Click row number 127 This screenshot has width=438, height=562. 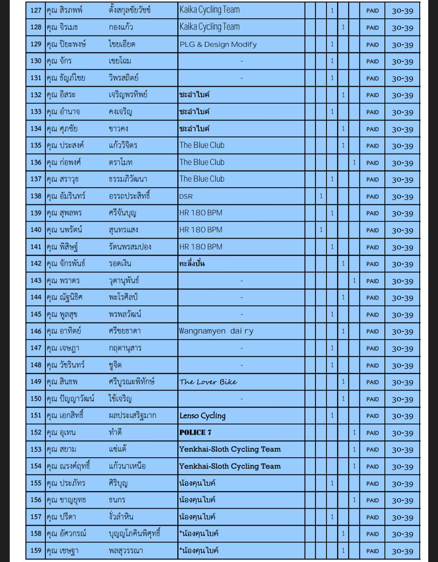pyautogui.click(x=36, y=10)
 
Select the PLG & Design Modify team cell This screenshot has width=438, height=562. pyautogui.click(x=218, y=44)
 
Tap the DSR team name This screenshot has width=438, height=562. pyautogui.click(x=186, y=197)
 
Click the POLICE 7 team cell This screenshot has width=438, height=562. pyautogui.click(x=195, y=432)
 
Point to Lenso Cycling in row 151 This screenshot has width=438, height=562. pyautogui.click(x=202, y=415)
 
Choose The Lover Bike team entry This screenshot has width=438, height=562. pyautogui.click(x=208, y=382)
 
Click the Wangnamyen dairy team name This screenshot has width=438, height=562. pyautogui.click(x=216, y=331)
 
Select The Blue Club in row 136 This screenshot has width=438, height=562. pyautogui.click(x=202, y=162)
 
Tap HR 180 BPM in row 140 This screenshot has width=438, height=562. pyautogui.click(x=201, y=230)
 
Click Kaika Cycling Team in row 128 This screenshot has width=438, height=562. pyautogui.click(x=210, y=27)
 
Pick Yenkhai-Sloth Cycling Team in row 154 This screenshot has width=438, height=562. pyautogui.click(x=230, y=466)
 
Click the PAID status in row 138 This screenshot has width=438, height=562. pyautogui.click(x=372, y=197)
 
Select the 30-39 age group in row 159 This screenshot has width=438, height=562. pyautogui.click(x=402, y=551)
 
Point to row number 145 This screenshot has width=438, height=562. pyautogui.click(x=36, y=314)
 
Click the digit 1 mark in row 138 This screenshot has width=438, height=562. pyautogui.click(x=321, y=196)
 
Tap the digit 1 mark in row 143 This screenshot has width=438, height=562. pyautogui.click(x=354, y=281)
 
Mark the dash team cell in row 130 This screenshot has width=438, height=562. pyautogui.click(x=241, y=61)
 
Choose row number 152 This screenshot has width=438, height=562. pyautogui.click(x=36, y=432)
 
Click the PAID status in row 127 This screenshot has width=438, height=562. pyautogui.click(x=372, y=11)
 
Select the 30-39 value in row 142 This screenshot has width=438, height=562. pyautogui.click(x=402, y=264)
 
